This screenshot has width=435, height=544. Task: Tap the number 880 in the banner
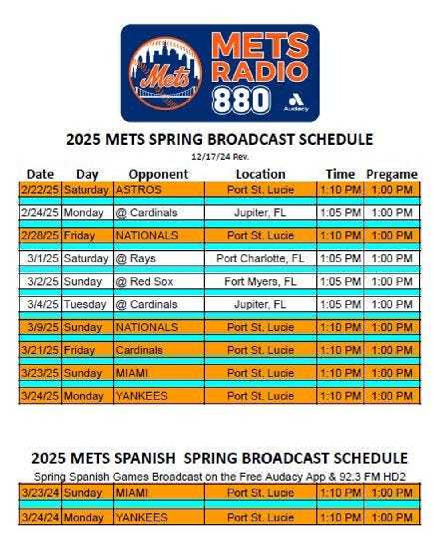(241, 100)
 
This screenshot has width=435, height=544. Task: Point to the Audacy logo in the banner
(296, 102)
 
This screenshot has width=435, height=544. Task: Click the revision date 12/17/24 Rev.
(220, 157)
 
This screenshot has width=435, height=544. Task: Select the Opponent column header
(158, 174)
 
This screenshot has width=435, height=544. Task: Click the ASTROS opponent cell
(139, 190)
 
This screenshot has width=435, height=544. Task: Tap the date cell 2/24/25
(40, 213)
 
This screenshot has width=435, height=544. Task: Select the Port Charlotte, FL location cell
(261, 258)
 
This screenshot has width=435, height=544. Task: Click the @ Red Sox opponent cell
(144, 282)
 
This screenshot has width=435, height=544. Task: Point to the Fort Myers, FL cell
(261, 282)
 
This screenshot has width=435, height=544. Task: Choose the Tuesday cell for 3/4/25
(85, 305)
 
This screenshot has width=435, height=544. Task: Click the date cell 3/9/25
(43, 327)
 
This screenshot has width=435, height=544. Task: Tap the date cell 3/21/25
(40, 350)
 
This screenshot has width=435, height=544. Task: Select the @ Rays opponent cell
(136, 258)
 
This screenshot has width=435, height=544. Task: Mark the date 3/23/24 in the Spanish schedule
(40, 493)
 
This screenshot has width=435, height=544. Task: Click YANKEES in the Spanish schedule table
(142, 517)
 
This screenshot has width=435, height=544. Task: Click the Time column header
(340, 174)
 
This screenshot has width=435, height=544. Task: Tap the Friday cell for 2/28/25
(79, 235)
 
